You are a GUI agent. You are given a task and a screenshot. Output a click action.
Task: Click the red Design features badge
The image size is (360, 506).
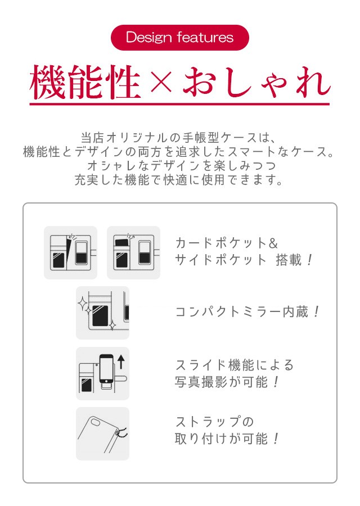pos(180,38)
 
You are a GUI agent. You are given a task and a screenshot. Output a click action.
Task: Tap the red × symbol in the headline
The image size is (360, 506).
pos(161,82)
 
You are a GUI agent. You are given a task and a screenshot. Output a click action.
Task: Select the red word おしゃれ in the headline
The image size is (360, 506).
pos(256,82)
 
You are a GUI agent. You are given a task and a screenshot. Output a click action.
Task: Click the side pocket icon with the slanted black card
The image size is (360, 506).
pos(70,252)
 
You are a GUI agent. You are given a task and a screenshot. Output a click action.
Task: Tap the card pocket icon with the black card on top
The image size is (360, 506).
pos(133,252)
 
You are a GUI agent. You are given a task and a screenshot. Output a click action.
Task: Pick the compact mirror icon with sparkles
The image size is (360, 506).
pos(102,313)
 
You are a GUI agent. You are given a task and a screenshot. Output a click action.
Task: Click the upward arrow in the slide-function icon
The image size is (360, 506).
pos(121,362)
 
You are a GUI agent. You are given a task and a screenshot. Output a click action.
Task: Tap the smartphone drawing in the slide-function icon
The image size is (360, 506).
pos(106,368)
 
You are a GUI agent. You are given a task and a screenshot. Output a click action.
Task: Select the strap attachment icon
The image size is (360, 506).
pos(102,433)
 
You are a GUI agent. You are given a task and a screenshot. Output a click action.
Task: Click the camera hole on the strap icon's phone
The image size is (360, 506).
pos(96,422)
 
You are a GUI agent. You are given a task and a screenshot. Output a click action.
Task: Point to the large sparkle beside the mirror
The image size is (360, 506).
pos(83,304)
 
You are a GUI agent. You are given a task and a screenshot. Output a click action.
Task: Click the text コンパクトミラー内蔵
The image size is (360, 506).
pos(242,312)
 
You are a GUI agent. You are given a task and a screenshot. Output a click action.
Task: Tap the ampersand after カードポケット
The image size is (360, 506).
pos(273,243)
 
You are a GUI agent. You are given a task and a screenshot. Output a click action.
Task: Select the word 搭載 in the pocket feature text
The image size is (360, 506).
pos(289,260)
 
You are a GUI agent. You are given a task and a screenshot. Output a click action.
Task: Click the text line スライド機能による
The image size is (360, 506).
pos(235,365)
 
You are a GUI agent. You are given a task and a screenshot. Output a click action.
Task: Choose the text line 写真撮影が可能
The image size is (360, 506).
pos(221,382)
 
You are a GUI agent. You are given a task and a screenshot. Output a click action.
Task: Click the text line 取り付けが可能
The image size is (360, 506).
pos(221,439)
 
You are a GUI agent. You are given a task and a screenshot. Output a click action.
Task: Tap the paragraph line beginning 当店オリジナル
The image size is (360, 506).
pos(178,138)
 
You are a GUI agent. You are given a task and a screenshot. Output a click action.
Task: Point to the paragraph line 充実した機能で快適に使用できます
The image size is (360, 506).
pos(178,180)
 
